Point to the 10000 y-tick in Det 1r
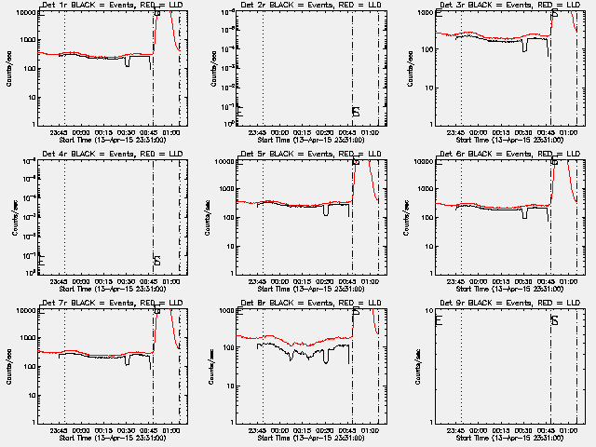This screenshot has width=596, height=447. coord(26,13)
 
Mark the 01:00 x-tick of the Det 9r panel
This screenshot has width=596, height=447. coord(569,429)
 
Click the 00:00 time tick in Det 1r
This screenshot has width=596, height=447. coord(81,131)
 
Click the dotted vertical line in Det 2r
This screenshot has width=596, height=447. coord(263,65)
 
